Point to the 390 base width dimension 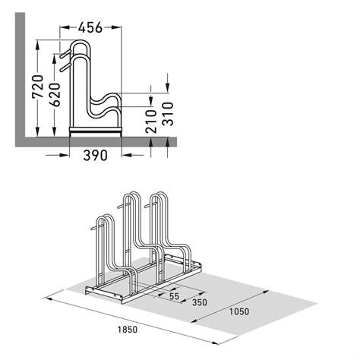click(95, 155)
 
